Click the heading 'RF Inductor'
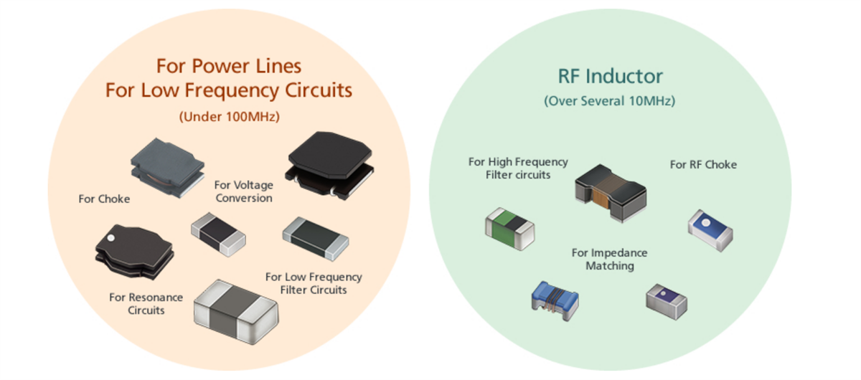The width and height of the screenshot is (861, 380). coord(610,76)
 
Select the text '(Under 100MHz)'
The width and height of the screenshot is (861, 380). coord(229,115)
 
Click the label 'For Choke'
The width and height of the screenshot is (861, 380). coord(104,199)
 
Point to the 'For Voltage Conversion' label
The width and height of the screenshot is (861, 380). coord(244,191)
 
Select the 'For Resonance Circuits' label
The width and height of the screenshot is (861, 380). coord(146,303)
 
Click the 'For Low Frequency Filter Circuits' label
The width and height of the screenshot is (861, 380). coord(314,283)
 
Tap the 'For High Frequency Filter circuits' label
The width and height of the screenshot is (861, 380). coord(517,168)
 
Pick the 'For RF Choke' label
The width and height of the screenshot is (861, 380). coord(703,164)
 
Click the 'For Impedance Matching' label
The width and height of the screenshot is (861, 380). coord(609,259)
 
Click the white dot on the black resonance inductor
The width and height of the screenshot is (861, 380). coord(111,234)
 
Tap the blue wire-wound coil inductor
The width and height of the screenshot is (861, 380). coord(554,298)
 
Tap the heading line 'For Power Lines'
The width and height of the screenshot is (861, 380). coord(229,67)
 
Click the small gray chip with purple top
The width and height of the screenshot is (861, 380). coord(666,299)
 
